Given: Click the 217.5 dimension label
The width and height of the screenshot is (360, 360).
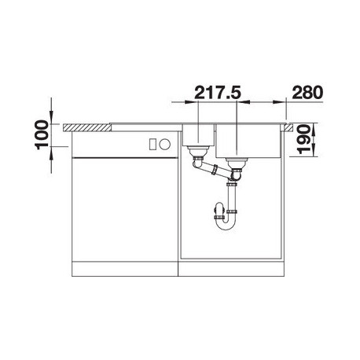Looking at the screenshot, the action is pyautogui.click(x=218, y=93).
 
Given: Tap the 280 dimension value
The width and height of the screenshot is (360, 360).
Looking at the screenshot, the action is pyautogui.click(x=307, y=93).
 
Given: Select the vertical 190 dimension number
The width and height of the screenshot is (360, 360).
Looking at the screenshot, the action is pyautogui.click(x=304, y=139).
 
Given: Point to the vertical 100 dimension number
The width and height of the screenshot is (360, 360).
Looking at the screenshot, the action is pyautogui.click(x=42, y=134).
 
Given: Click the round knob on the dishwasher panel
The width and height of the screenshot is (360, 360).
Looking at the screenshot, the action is pyautogui.click(x=165, y=144).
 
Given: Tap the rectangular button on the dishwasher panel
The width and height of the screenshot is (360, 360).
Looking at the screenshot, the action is pyautogui.click(x=152, y=144).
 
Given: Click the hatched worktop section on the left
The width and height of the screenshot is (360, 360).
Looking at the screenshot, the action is pyautogui.click(x=87, y=127).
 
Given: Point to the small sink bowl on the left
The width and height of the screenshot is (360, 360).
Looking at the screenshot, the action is pyautogui.click(x=198, y=135).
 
